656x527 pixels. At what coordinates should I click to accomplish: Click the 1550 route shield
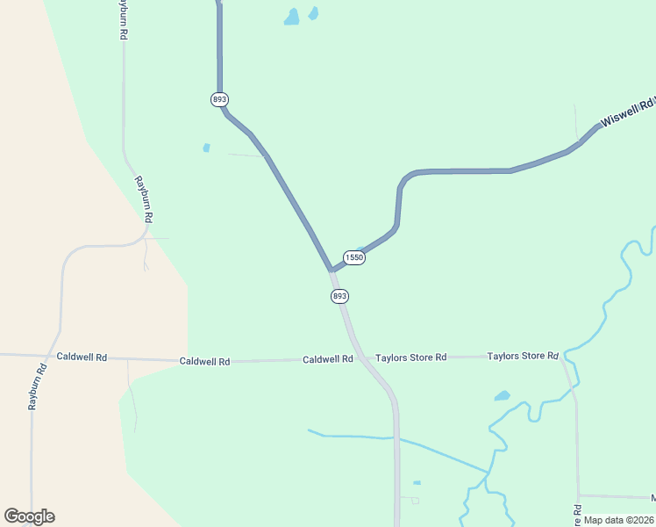(x=354, y=257)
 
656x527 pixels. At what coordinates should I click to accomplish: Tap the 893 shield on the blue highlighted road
(x=219, y=99)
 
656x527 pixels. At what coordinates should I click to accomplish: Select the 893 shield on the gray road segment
(x=340, y=296)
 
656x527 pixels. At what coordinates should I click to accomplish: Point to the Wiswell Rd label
(x=627, y=111)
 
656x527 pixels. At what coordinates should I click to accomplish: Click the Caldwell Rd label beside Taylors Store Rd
(x=328, y=359)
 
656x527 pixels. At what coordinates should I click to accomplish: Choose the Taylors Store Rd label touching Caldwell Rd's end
(x=411, y=357)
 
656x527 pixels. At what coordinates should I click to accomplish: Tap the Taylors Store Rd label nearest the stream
(x=523, y=356)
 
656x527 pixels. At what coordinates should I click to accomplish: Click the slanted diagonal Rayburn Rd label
(x=144, y=199)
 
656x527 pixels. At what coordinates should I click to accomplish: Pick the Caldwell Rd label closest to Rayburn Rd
(x=82, y=357)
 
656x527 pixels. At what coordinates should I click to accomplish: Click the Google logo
(x=29, y=516)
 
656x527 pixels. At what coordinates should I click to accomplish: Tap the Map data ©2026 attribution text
(x=618, y=520)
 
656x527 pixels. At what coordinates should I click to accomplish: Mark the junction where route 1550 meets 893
(x=332, y=271)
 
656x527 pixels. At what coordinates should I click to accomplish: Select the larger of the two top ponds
(x=291, y=17)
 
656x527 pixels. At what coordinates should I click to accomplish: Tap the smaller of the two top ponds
(x=313, y=13)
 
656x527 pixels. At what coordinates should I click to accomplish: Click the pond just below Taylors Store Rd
(x=502, y=396)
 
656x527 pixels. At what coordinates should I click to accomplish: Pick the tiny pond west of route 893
(x=207, y=148)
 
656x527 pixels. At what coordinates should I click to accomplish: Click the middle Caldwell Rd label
(x=204, y=361)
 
